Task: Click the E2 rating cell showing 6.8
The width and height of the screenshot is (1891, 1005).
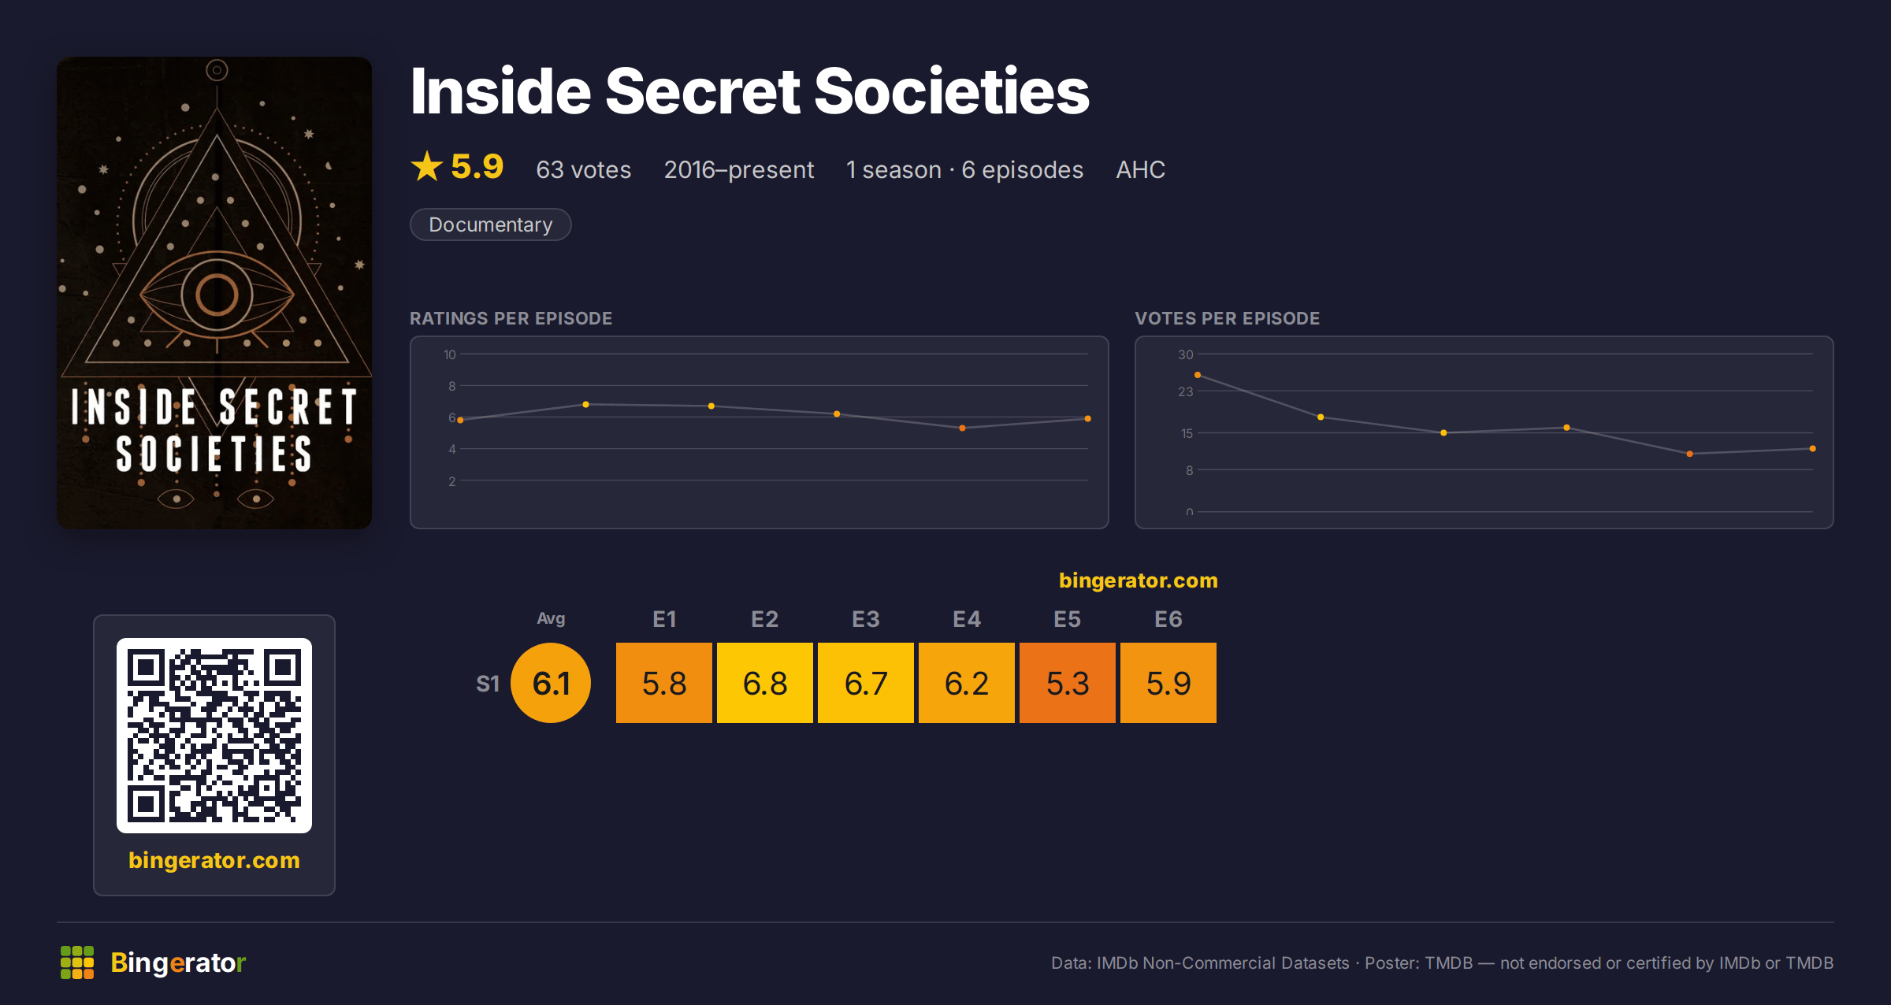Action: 764,682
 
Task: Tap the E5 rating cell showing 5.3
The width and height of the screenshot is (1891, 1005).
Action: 1067,682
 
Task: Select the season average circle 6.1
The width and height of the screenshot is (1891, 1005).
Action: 551,682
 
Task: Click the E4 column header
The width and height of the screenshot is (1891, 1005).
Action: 966,619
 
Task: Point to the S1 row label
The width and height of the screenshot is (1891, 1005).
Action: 488,684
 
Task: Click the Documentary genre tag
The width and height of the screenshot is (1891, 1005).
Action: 490,224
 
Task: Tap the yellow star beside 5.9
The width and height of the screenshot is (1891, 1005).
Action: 427,166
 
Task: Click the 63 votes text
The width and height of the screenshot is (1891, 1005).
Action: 583,169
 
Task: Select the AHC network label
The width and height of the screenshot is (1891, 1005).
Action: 1140,169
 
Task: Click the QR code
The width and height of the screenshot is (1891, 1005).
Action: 214,735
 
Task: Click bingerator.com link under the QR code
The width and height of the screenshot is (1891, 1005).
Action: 214,860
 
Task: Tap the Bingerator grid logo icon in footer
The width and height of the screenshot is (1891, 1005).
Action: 77,962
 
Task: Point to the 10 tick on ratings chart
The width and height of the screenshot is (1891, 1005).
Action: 449,354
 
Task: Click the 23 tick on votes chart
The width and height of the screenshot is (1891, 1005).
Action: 1185,391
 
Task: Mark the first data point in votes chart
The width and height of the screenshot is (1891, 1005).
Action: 1198,375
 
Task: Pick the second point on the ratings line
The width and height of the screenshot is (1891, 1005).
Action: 585,405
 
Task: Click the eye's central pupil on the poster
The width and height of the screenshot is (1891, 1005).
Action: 217,295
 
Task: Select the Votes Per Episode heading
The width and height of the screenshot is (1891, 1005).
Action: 1227,318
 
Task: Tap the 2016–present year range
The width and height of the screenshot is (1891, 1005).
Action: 738,169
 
